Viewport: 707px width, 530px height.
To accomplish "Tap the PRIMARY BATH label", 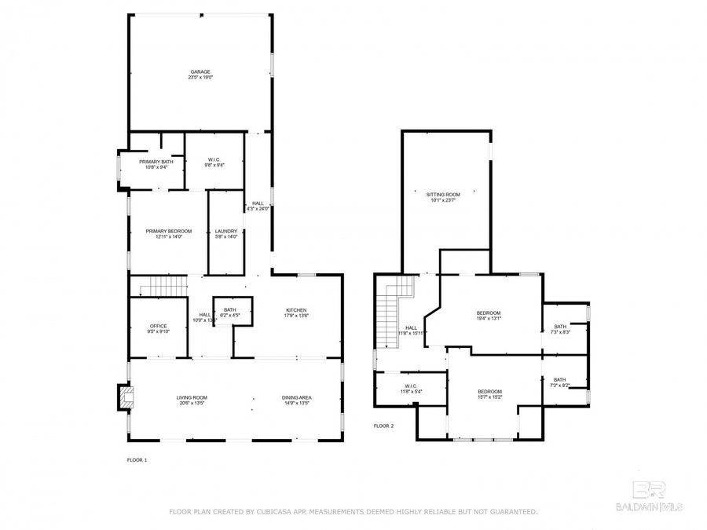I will pyautogui.click(x=156, y=163).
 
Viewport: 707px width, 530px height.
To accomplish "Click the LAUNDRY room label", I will pyautogui.click(x=226, y=233).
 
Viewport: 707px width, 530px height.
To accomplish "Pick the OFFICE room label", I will pyautogui.click(x=159, y=328).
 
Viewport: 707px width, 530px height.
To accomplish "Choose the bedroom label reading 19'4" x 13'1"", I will pyautogui.click(x=488, y=316).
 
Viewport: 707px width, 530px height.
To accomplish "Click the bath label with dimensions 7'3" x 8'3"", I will pyautogui.click(x=559, y=329).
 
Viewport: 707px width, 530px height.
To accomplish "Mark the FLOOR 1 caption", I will pyautogui.click(x=137, y=459).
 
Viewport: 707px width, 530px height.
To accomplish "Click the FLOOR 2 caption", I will pyautogui.click(x=383, y=426).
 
